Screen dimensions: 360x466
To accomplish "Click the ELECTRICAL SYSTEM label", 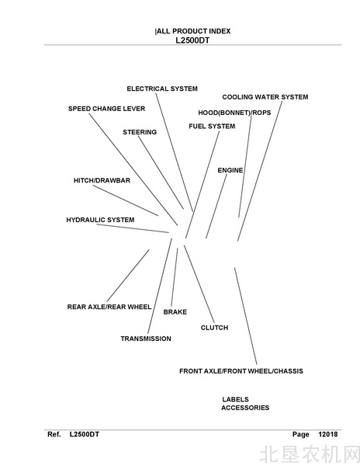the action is point(162,89).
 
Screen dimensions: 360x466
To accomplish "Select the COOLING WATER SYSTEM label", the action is point(265,97).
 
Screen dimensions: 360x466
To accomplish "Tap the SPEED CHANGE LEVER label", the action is point(106,109).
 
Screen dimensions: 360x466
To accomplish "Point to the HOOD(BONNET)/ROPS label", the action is point(234,113).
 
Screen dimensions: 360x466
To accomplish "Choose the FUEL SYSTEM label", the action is point(212,127).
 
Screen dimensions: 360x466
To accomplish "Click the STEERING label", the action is point(140,132).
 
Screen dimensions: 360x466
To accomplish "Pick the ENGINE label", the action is point(230,170).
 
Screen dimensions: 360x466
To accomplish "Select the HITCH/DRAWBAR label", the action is point(102,180).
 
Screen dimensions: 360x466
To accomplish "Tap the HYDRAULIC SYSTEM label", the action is point(100,220).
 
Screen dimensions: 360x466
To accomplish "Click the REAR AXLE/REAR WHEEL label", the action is point(109,307).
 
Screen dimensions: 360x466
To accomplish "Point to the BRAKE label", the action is point(175,312).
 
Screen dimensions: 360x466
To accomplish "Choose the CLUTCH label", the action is point(215,328).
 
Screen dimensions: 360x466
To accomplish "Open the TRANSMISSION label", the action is point(146,339).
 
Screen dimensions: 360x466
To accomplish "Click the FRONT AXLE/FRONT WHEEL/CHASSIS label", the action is point(241,371).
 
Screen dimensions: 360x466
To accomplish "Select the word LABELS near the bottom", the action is point(235,399).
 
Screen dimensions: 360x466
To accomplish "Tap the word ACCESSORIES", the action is point(245,408).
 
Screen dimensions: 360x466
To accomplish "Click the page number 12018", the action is point(328,434).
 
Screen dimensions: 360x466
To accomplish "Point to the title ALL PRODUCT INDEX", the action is point(193,31).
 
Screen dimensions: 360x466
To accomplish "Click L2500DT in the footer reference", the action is point(85,434).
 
